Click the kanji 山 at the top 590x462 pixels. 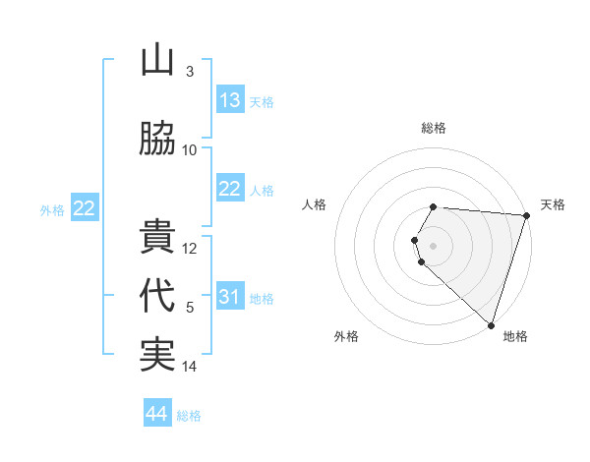pos(157,61)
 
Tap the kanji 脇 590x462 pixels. pos(157,139)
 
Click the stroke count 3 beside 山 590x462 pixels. pos(189,72)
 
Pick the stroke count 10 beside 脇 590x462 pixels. pos(190,150)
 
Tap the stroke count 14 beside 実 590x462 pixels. pos(190,367)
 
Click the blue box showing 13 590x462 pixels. pos(230,100)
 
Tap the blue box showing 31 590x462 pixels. pos(230,297)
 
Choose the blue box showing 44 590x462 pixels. pos(157,414)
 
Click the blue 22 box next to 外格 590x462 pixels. pos(84,208)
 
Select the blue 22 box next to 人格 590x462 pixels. pos(230,189)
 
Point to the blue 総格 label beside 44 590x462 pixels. pos(189,416)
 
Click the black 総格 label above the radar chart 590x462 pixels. pos(434,128)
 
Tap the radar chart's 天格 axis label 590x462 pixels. pos(553,204)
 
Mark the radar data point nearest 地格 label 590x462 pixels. pos(491,324)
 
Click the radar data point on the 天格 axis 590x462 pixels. pos(526,215)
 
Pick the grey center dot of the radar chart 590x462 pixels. pos(434,245)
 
